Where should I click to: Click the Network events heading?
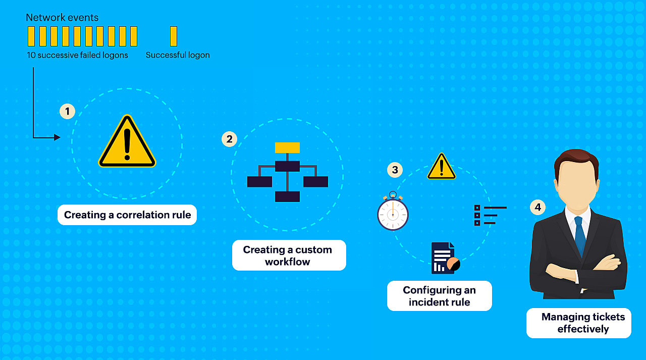click(62, 18)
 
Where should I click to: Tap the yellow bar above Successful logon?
click(174, 36)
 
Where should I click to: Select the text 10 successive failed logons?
click(78, 55)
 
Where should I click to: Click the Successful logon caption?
click(178, 55)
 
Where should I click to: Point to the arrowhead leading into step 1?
click(57, 137)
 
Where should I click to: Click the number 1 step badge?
click(67, 111)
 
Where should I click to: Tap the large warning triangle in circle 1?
click(127, 143)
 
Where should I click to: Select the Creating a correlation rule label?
click(127, 215)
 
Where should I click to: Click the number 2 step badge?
click(230, 139)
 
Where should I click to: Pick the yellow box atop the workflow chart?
click(287, 147)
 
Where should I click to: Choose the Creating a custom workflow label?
click(288, 255)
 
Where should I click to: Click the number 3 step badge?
click(395, 170)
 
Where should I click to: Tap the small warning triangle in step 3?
click(442, 167)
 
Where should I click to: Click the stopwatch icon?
click(393, 213)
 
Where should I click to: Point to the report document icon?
click(444, 259)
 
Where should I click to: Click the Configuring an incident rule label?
click(439, 296)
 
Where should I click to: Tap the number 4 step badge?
click(537, 207)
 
